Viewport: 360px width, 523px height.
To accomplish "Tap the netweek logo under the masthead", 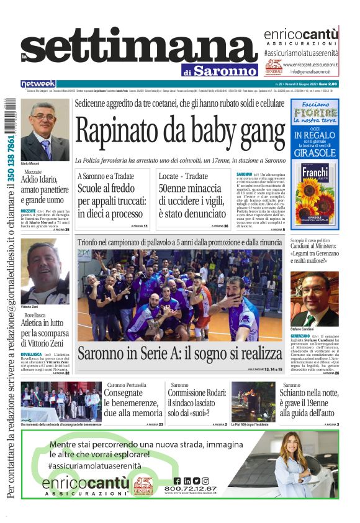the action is [x=38, y=84].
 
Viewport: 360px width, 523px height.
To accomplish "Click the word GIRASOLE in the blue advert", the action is [x=315, y=152].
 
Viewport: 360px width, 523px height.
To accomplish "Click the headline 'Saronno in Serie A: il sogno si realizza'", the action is [x=179, y=353].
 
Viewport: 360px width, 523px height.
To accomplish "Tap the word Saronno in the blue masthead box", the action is [x=225, y=71].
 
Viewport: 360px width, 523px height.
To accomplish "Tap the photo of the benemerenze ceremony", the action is [x=61, y=402].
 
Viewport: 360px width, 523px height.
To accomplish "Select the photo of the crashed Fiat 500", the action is [x=253, y=402].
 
